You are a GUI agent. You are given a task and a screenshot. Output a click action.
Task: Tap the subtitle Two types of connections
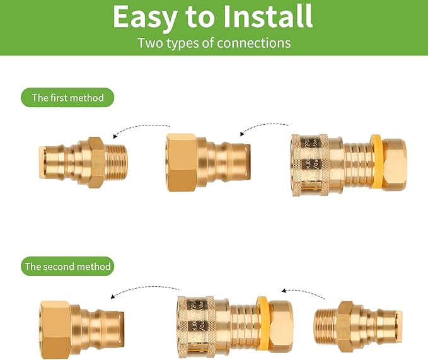point(214,43)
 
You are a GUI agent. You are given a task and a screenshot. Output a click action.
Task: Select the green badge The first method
point(67,98)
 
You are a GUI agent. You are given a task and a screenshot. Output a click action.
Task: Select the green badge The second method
point(67,266)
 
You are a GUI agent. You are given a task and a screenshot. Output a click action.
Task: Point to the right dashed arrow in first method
point(263,127)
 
